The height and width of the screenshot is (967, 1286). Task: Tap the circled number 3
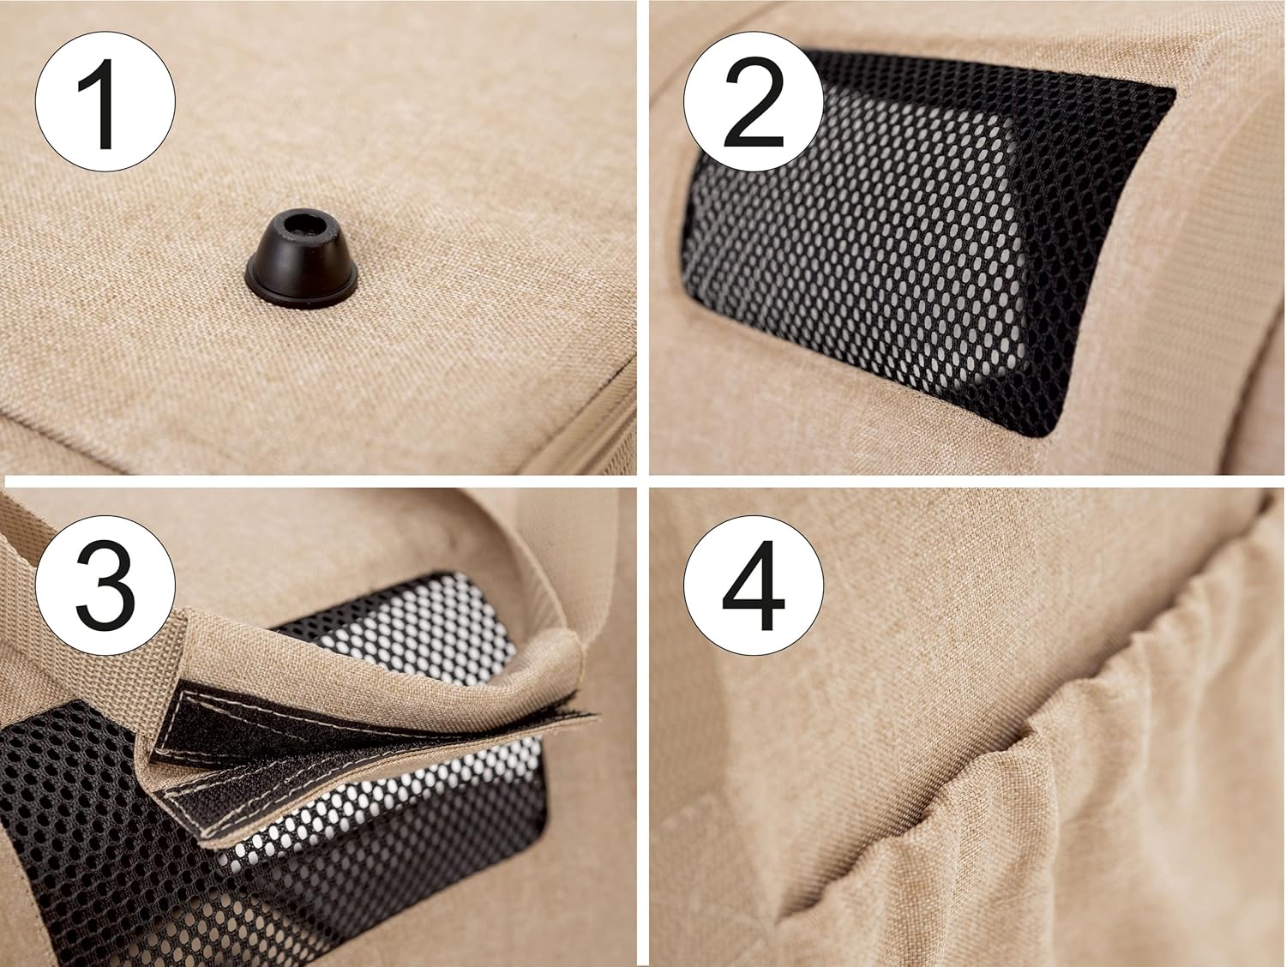click(x=105, y=585)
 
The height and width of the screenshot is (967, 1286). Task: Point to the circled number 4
click(x=754, y=585)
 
